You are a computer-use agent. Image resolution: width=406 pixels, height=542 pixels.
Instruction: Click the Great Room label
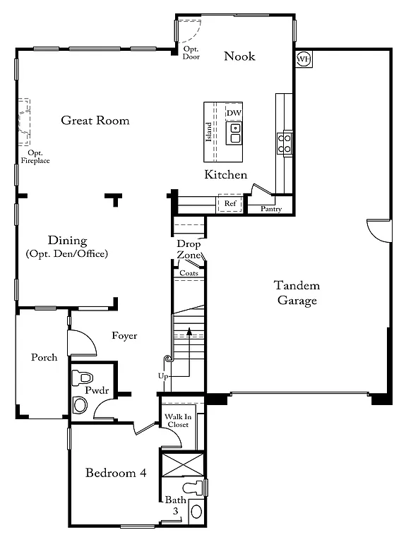pos(95,121)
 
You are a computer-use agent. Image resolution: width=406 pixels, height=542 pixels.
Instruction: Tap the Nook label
pos(239,56)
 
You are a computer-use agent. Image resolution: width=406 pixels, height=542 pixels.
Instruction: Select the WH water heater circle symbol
pos(304,59)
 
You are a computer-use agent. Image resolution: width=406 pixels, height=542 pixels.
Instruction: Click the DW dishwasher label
pos(234,113)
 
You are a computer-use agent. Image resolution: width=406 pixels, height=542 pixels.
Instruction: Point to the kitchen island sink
pos(234,133)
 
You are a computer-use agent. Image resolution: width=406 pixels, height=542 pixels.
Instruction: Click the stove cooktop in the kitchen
pos(285,143)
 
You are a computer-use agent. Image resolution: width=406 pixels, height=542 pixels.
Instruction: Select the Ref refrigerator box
pos(230,203)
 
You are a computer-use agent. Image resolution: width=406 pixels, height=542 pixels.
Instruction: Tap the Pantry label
pos(270,209)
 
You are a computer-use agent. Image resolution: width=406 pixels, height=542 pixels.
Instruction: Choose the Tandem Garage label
pos(297,293)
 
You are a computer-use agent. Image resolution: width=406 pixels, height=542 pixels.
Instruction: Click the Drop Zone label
pos(189,249)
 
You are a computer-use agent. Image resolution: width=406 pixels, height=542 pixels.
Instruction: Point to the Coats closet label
pos(189,273)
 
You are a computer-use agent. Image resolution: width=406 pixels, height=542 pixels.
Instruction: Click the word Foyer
pos(124,336)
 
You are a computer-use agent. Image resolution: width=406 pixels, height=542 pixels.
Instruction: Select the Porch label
pos(44,357)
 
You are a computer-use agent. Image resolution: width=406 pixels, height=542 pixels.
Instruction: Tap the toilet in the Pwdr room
pos(80,376)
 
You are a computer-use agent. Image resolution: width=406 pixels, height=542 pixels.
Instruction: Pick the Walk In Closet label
pos(178,421)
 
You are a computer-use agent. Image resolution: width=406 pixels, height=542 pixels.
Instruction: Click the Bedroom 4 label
pos(116,473)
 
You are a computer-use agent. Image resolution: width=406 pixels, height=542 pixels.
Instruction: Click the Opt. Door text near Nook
pos(191,53)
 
